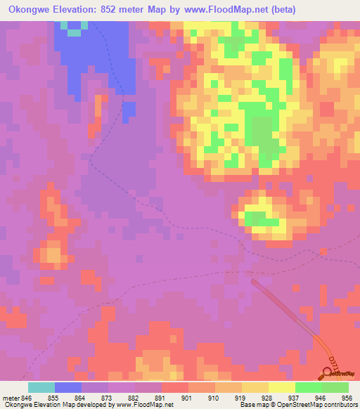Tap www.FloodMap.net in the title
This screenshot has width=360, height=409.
[x=219, y=9]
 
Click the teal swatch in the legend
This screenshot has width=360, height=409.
[x=41, y=387]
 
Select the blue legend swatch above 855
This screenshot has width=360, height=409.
[x=68, y=387]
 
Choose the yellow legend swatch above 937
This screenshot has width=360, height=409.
[x=281, y=387]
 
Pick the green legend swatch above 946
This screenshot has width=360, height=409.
[x=308, y=387]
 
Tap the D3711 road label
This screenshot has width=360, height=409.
[x=333, y=364]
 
